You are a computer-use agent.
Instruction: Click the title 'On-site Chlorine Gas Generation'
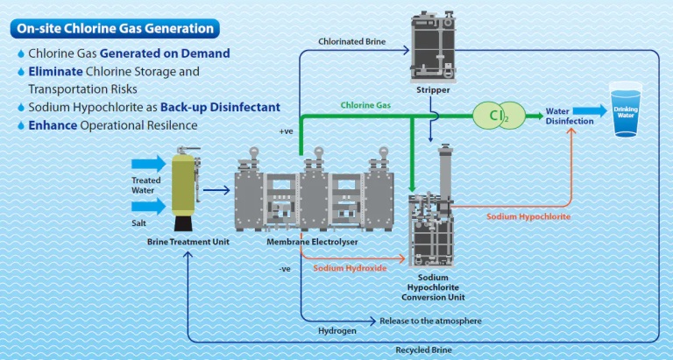click(x=115, y=28)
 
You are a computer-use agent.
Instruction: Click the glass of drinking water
click(x=627, y=110)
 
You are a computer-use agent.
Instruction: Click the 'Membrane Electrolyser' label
click(x=303, y=242)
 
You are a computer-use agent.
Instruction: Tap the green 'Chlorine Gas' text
click(x=365, y=105)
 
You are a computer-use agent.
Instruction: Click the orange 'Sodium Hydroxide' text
click(x=350, y=267)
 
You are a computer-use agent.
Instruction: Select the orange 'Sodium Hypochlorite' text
click(x=528, y=215)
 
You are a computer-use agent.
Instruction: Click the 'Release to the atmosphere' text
click(x=430, y=321)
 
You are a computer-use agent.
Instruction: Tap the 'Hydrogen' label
click(x=334, y=330)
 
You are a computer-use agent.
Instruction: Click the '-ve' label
click(x=284, y=268)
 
